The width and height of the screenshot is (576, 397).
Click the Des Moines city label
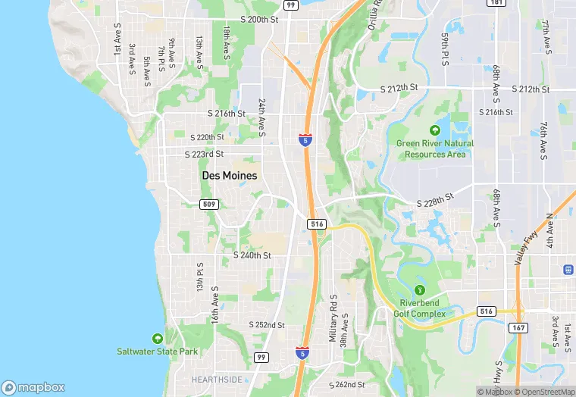[229, 175]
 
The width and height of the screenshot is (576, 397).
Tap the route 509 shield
[210, 205]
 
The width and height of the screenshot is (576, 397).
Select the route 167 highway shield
[518, 328]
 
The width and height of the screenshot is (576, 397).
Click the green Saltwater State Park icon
[157, 338]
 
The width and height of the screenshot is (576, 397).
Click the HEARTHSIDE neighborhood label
[217, 380]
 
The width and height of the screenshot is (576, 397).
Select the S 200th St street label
[260, 19]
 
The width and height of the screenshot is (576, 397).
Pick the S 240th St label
[252, 255]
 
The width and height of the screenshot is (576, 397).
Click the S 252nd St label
[267, 324]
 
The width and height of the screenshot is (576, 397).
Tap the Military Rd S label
[332, 318]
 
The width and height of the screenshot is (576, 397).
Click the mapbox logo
[33, 386]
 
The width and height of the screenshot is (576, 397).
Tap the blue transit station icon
[568, 270]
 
